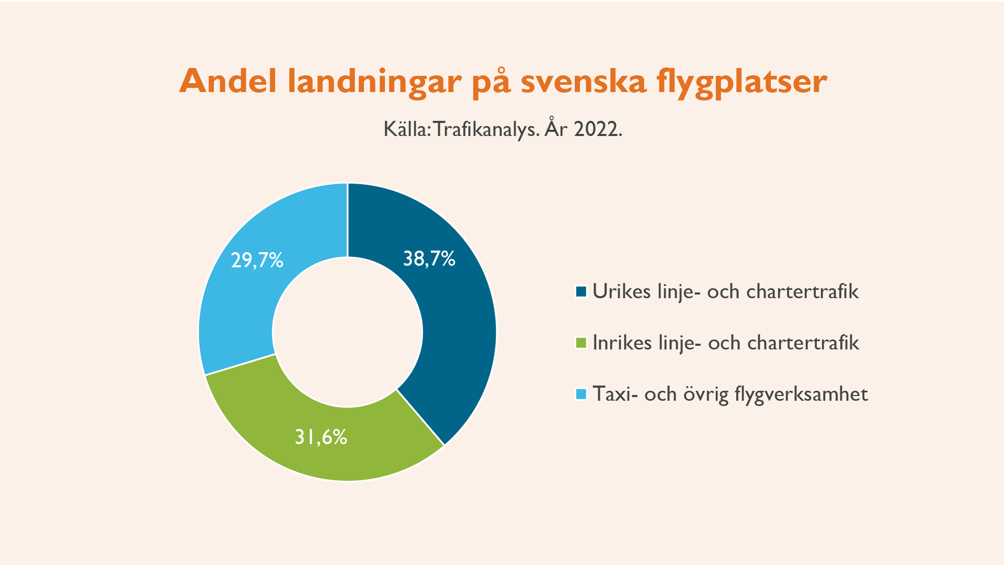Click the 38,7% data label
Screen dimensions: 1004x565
429,259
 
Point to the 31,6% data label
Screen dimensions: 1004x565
321,437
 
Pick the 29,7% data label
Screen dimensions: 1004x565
257,260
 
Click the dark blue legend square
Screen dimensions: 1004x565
581,291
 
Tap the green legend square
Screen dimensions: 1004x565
581,343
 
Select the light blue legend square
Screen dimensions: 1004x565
581,394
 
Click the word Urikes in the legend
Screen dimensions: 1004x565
622,291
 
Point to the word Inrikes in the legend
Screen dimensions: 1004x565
622,343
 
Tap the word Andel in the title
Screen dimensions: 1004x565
228,81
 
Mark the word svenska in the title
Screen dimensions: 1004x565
584,81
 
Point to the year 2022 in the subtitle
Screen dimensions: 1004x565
598,129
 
